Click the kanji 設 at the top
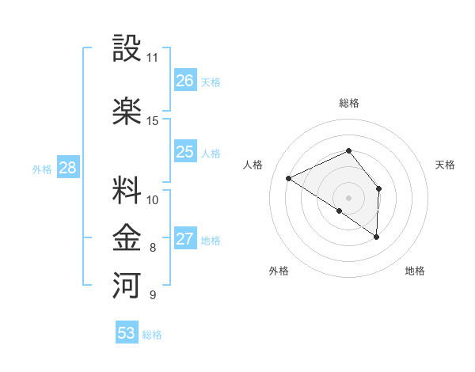pos(127,49)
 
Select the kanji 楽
pos(127,111)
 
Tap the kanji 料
pos(127,190)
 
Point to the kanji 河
pos(127,283)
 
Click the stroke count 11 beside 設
pos(152,58)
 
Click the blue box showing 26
pos(185,81)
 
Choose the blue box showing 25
pos(185,152)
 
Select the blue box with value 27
pos(185,239)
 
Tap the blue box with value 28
pos(67,168)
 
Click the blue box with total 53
pos(127,333)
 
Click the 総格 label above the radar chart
pos(348,103)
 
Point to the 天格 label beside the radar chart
pos(446,165)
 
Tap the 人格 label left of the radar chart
pos(253,165)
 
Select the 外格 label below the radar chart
pos(279,271)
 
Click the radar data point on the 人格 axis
pos(289,178)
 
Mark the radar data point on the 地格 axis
pos(377,237)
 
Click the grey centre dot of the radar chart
pos(348,197)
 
